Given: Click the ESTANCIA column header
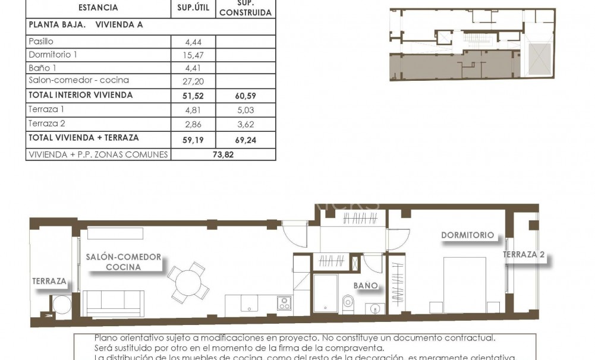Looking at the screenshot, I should tap(98, 8).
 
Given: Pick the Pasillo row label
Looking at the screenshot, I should tap(40, 42).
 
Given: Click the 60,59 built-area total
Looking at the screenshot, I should tap(245, 95).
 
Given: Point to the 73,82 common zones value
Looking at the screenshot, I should tap(222, 154).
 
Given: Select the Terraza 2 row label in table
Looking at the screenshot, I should tap(46, 123).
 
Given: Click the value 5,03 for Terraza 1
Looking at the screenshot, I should tap(245, 109).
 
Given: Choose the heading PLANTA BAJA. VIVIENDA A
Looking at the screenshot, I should tap(85, 25).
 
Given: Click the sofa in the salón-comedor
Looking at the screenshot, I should tap(114, 303).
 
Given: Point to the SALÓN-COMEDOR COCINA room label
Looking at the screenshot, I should tap(123, 262).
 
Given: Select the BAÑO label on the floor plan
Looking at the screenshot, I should tap(366, 285).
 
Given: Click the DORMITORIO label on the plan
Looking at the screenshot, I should tap(467, 235).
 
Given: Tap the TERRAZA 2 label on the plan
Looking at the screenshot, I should tap(524, 255).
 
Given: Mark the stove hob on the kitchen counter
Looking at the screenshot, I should tap(284, 303).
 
